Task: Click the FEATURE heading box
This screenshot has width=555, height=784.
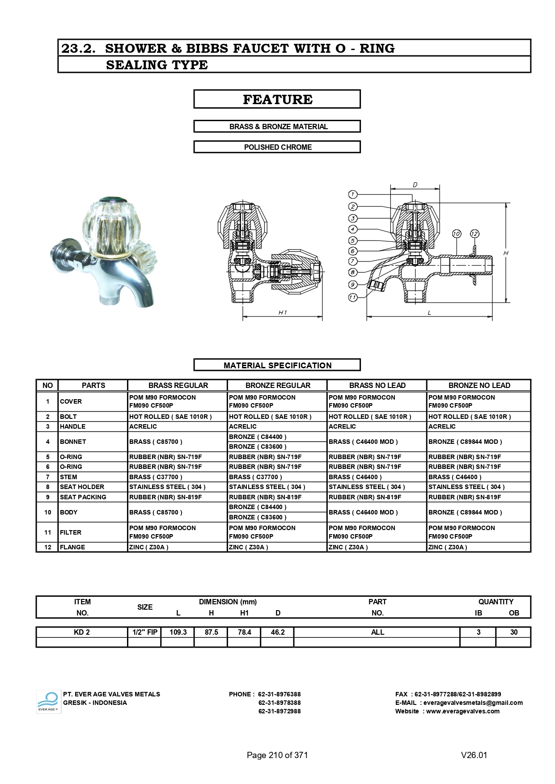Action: [277, 99]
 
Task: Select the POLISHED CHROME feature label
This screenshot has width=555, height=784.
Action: [277, 147]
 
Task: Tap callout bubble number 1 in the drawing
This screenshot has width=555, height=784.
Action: [353, 194]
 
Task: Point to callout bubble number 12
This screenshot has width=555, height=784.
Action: [475, 234]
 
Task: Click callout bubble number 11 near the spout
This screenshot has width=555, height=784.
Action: [353, 297]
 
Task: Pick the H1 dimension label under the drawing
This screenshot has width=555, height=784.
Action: [283, 312]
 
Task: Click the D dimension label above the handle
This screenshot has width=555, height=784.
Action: [415, 185]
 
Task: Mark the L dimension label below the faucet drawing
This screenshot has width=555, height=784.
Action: [429, 312]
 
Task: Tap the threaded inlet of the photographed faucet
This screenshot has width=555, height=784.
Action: [108, 299]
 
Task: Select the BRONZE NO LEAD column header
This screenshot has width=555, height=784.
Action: [479, 385]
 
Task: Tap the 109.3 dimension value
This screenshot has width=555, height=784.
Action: [178, 632]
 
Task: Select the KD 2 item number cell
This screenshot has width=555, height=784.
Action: [82, 632]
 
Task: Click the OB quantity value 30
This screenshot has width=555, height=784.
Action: [513, 632]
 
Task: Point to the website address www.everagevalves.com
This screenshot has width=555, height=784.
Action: [462, 711]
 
